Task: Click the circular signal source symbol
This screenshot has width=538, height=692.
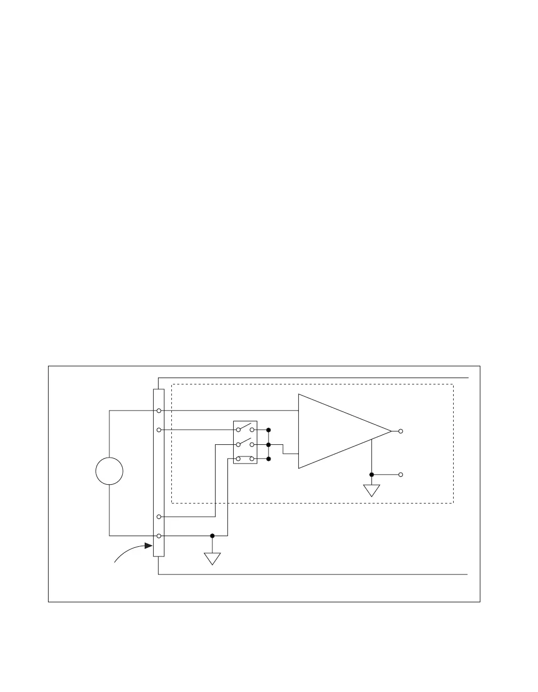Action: (109, 471)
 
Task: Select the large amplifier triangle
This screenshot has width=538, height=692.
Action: (336, 431)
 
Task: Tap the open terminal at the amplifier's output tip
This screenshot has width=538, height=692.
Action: (401, 431)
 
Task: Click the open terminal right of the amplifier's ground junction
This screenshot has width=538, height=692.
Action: (401, 474)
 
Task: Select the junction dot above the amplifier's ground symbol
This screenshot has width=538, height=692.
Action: (371, 474)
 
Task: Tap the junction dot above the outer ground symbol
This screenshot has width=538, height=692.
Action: (212, 536)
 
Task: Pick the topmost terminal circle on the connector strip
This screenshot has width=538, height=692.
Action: (159, 411)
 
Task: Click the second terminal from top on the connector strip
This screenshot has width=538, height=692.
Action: (159, 430)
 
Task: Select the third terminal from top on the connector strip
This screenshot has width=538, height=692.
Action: (159, 517)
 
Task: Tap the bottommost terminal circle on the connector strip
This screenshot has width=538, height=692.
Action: (159, 536)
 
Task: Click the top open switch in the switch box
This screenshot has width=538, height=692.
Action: (245, 428)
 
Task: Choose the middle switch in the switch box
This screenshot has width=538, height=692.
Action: (245, 443)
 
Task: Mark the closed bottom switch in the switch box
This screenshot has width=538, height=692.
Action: (245, 458)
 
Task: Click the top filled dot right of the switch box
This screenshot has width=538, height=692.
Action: (268, 430)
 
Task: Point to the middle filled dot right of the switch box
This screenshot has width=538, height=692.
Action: (268, 444)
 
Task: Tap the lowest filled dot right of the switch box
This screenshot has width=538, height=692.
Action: (268, 459)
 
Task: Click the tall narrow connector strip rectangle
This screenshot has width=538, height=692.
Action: (159, 473)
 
